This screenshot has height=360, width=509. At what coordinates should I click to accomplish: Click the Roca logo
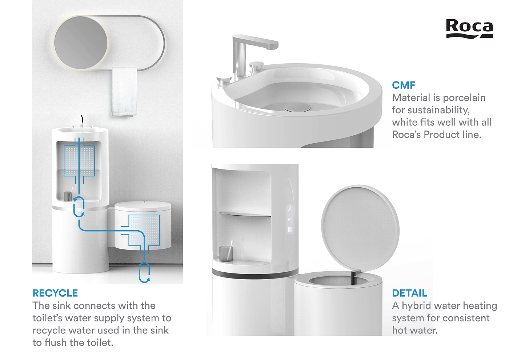[469, 29]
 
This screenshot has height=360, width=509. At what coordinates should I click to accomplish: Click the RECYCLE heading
[55, 293]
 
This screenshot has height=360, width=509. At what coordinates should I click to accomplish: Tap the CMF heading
[404, 85]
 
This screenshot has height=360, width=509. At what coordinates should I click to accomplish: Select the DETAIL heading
[410, 293]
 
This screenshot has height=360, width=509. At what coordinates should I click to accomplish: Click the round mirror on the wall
[81, 43]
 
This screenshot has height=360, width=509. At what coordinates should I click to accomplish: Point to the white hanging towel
[124, 92]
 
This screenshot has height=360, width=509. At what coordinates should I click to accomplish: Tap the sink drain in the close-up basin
[297, 108]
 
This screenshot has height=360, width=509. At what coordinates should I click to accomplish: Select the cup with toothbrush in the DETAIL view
[226, 251]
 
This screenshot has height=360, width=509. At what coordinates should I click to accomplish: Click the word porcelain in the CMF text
[464, 98]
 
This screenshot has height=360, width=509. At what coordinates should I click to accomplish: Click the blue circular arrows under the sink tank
[79, 207]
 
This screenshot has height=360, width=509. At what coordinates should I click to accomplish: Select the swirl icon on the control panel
[290, 209]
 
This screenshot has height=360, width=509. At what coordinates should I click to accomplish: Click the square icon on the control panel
[290, 229]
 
